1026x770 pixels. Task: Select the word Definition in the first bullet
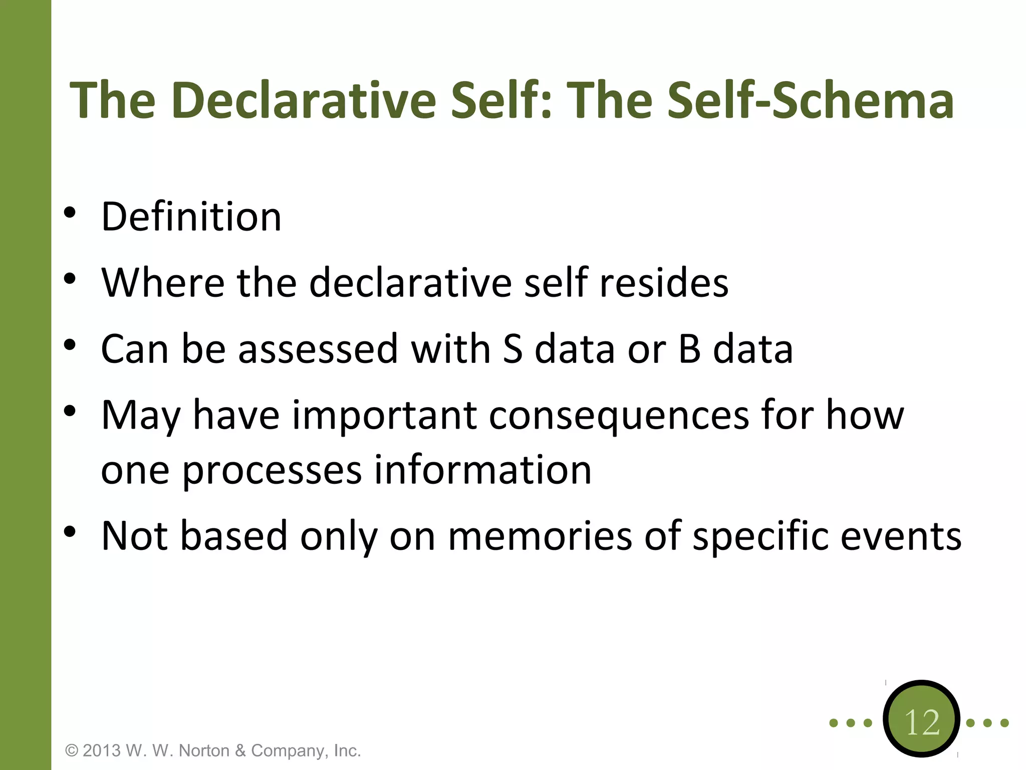(191, 217)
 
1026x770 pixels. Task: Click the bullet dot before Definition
(70, 213)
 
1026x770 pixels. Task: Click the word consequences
(619, 416)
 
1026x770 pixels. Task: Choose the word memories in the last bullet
(540, 535)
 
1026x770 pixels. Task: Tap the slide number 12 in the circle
(922, 722)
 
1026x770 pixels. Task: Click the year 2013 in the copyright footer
(102, 750)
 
